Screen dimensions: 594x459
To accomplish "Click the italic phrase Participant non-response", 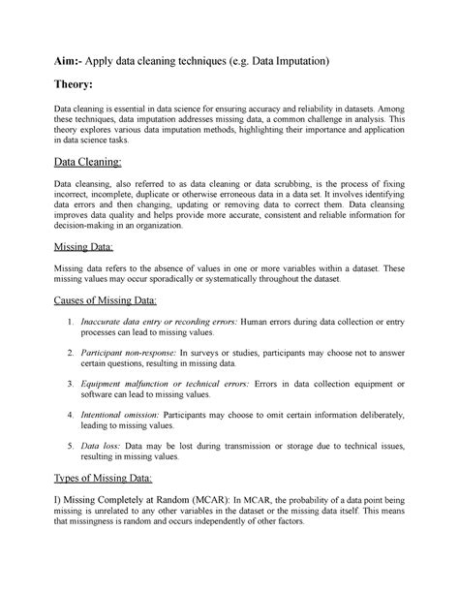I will click(x=131, y=353).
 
